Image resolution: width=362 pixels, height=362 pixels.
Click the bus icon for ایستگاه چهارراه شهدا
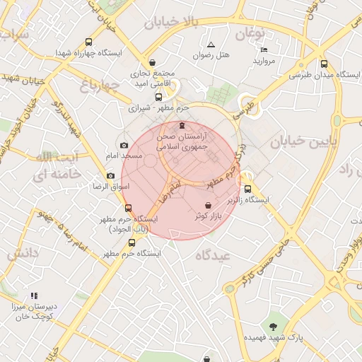tap(88, 42)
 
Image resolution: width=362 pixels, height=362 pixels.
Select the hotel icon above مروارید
tap(264, 50)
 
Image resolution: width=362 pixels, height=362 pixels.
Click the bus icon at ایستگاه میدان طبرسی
tap(324, 64)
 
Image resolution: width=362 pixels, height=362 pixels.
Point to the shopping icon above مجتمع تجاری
tap(153, 62)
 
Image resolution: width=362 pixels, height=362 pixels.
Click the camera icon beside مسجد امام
tap(124, 145)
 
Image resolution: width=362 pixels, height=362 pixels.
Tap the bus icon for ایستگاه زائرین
tap(247, 189)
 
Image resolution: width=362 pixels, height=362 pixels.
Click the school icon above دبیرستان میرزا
tap(33, 296)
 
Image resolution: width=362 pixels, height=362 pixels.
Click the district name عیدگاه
tap(226, 257)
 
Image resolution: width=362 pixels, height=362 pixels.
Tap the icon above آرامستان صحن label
tap(183, 126)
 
